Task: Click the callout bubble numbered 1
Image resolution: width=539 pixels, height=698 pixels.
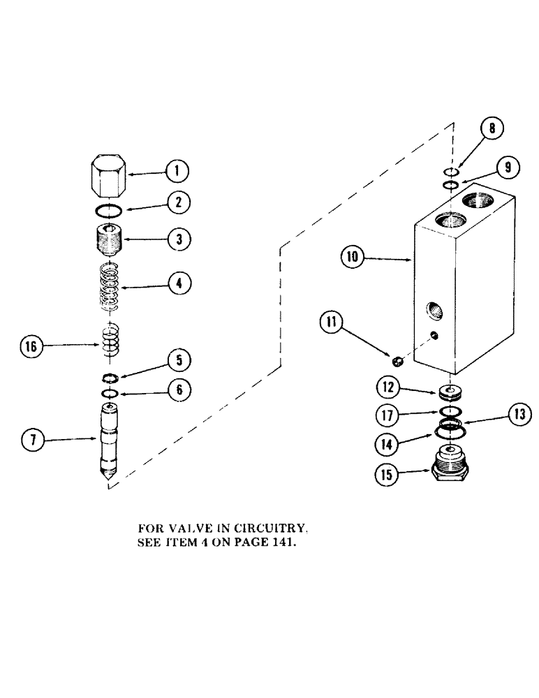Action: pyautogui.click(x=177, y=170)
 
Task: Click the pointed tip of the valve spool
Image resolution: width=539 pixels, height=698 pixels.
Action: pyautogui.click(x=108, y=477)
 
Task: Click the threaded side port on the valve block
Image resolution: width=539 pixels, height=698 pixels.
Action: pyautogui.click(x=429, y=308)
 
